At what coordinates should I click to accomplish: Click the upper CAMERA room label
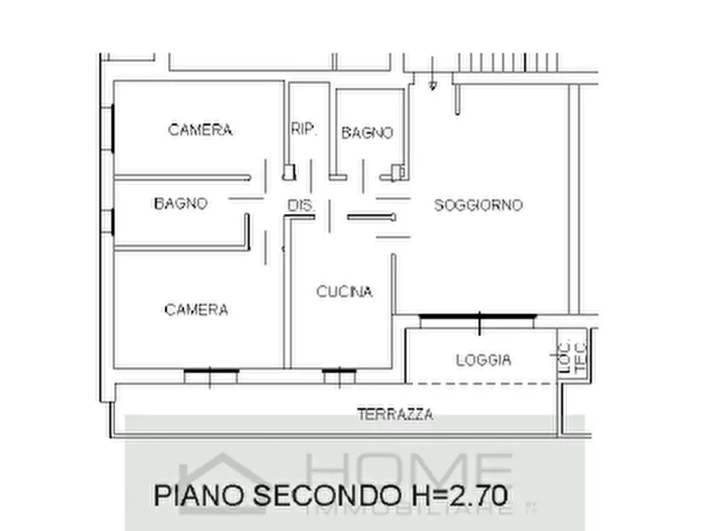[200, 130]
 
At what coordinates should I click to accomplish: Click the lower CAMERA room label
[196, 310]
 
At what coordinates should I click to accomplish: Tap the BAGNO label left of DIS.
[180, 204]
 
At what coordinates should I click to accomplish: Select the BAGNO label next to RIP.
[367, 133]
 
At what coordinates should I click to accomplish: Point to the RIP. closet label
[304, 129]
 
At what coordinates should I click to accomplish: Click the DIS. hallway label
[300, 206]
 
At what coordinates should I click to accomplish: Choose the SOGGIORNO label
[478, 205]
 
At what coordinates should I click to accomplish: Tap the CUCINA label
[344, 292]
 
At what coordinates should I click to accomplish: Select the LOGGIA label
[483, 360]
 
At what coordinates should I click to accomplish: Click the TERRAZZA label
[395, 414]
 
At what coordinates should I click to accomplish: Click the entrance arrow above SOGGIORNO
[432, 84]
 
